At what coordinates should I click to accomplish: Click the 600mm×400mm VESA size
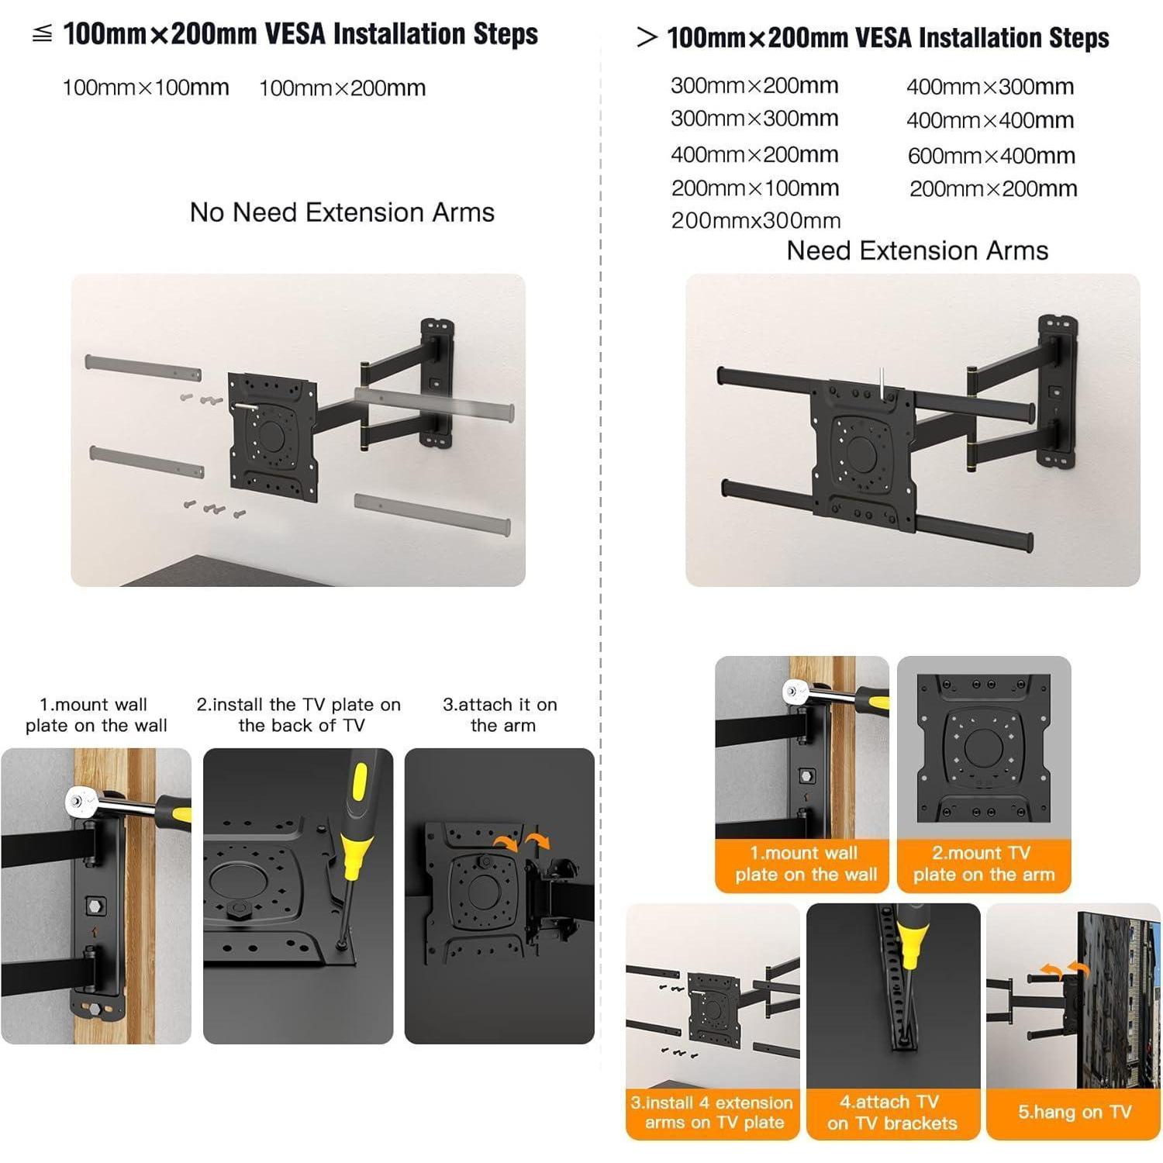pyautogui.click(x=991, y=156)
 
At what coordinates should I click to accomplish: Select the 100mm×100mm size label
pyautogui.click(x=146, y=88)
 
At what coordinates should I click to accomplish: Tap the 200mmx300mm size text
pyautogui.click(x=756, y=221)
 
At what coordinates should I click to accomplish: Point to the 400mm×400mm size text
pyautogui.click(x=990, y=120)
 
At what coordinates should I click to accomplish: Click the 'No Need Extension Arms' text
pyautogui.click(x=342, y=212)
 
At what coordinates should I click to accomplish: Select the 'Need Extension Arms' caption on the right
pyautogui.click(x=917, y=250)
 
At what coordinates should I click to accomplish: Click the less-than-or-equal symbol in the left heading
pyautogui.click(x=42, y=34)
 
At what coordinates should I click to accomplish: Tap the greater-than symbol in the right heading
pyautogui.click(x=647, y=37)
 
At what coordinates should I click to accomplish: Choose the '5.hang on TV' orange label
pyautogui.click(x=1074, y=1112)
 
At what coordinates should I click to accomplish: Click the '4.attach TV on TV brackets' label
pyautogui.click(x=892, y=1113)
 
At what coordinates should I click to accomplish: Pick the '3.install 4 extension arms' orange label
pyautogui.click(x=713, y=1113)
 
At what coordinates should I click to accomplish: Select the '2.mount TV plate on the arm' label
pyautogui.click(x=984, y=864)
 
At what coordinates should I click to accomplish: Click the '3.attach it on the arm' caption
pyautogui.click(x=501, y=715)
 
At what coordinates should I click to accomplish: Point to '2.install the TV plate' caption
pyautogui.click(x=299, y=715)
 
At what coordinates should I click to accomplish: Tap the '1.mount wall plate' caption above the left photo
pyautogui.click(x=96, y=715)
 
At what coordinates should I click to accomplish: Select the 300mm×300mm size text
pyautogui.click(x=754, y=119)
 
